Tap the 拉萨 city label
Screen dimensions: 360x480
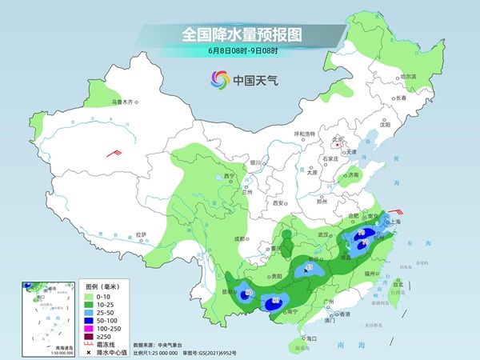(142, 234)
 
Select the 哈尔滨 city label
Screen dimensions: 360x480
(408, 76)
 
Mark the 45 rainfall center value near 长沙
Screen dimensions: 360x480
(310, 267)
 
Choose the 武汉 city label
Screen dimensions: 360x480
(324, 234)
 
